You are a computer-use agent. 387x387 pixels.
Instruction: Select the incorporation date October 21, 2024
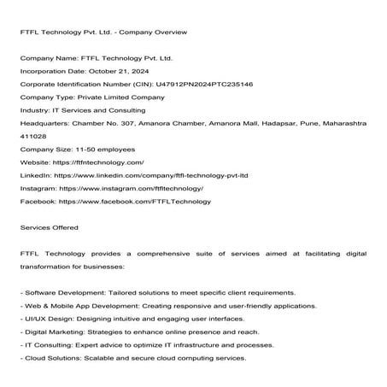coord(119,73)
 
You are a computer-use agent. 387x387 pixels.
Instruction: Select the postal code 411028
coord(32,137)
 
